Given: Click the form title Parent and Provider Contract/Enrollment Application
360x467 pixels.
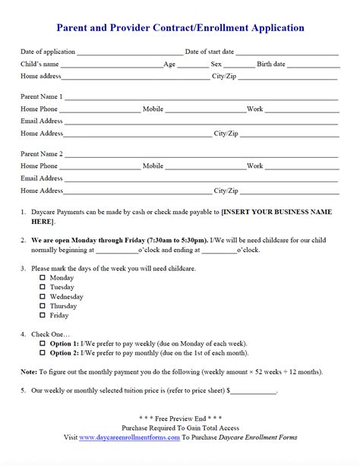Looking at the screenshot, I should point(181,28).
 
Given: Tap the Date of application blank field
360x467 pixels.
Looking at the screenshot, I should point(129,52).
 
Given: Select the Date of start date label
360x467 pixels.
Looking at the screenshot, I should point(210,52).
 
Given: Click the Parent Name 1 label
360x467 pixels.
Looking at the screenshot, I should point(42,96).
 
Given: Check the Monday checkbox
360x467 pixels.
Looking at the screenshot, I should point(43,279).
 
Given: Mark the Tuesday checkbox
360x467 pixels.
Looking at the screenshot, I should point(43,288).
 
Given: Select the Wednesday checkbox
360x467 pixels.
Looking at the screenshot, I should point(43,297).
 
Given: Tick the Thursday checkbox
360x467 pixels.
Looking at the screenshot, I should point(43,306).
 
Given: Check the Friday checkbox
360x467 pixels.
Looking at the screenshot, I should point(43,315).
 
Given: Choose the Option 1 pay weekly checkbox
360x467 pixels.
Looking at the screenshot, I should point(43,344).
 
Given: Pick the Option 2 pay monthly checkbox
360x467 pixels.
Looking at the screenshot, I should point(43,353).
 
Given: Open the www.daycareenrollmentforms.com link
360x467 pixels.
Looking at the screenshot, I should point(129,437).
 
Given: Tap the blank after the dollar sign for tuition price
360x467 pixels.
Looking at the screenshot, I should point(254,392).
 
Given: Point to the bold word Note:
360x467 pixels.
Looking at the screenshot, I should point(29,372).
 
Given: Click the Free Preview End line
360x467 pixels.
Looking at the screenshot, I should point(179,419).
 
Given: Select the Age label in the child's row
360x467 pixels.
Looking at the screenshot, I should point(169,65).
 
